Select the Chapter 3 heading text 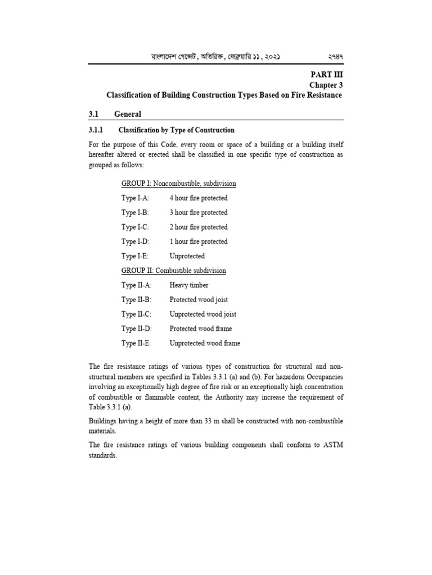pyautogui.click(x=326, y=85)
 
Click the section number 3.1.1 pyautogui.click(x=97, y=130)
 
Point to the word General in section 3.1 pyautogui.click(x=128, y=114)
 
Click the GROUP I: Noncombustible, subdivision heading pyautogui.click(x=178, y=184)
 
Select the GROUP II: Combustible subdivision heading pyautogui.click(x=173, y=271)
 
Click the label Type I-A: pyautogui.click(x=135, y=198)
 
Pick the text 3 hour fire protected pyautogui.click(x=199, y=213)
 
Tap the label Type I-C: pyautogui.click(x=135, y=227)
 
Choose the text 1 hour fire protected pyautogui.click(x=199, y=241)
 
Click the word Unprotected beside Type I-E pyautogui.click(x=187, y=256)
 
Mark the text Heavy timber pyautogui.click(x=189, y=285)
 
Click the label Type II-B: pyautogui.click(x=136, y=300)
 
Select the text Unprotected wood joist pyautogui.click(x=202, y=314)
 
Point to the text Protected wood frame pyautogui.click(x=200, y=328)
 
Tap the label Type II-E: pyautogui.click(x=136, y=343)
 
